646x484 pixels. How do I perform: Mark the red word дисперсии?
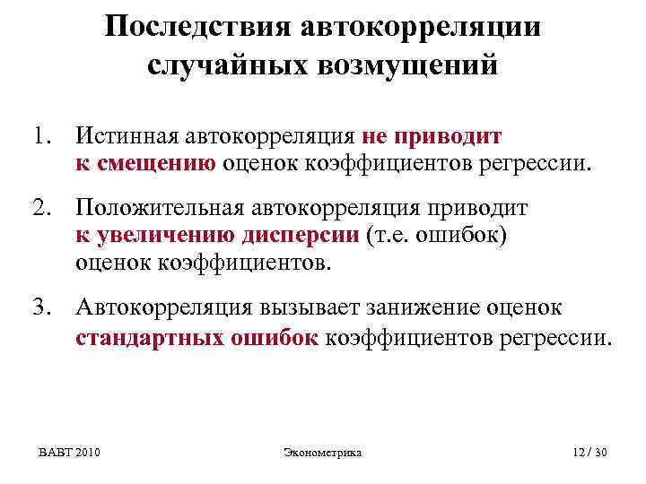pos(301,235)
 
